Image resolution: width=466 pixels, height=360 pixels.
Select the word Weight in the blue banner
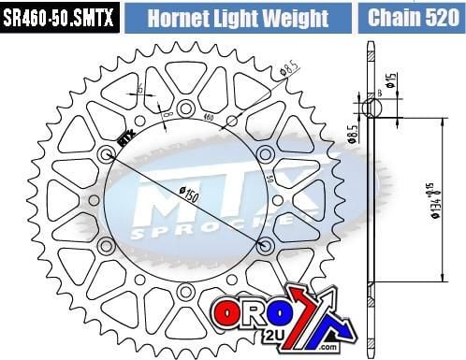coord(296,19)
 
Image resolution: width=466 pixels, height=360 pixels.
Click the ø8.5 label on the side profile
coord(352,137)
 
